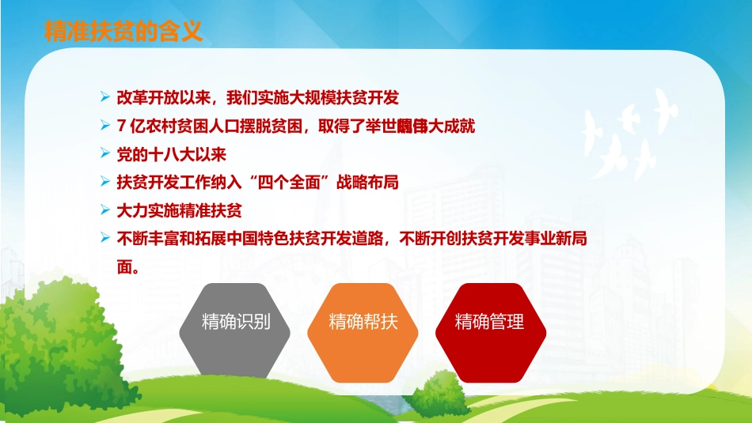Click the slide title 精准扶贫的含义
pyautogui.click(x=123, y=31)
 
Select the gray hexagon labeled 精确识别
pyautogui.click(x=236, y=322)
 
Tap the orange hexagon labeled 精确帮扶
pyautogui.click(x=363, y=322)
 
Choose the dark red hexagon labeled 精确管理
pyautogui.click(x=489, y=322)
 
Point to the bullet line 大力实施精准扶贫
pyautogui.click(x=178, y=210)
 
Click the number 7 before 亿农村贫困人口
pyautogui.click(x=120, y=126)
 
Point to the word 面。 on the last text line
pyautogui.click(x=128, y=266)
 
